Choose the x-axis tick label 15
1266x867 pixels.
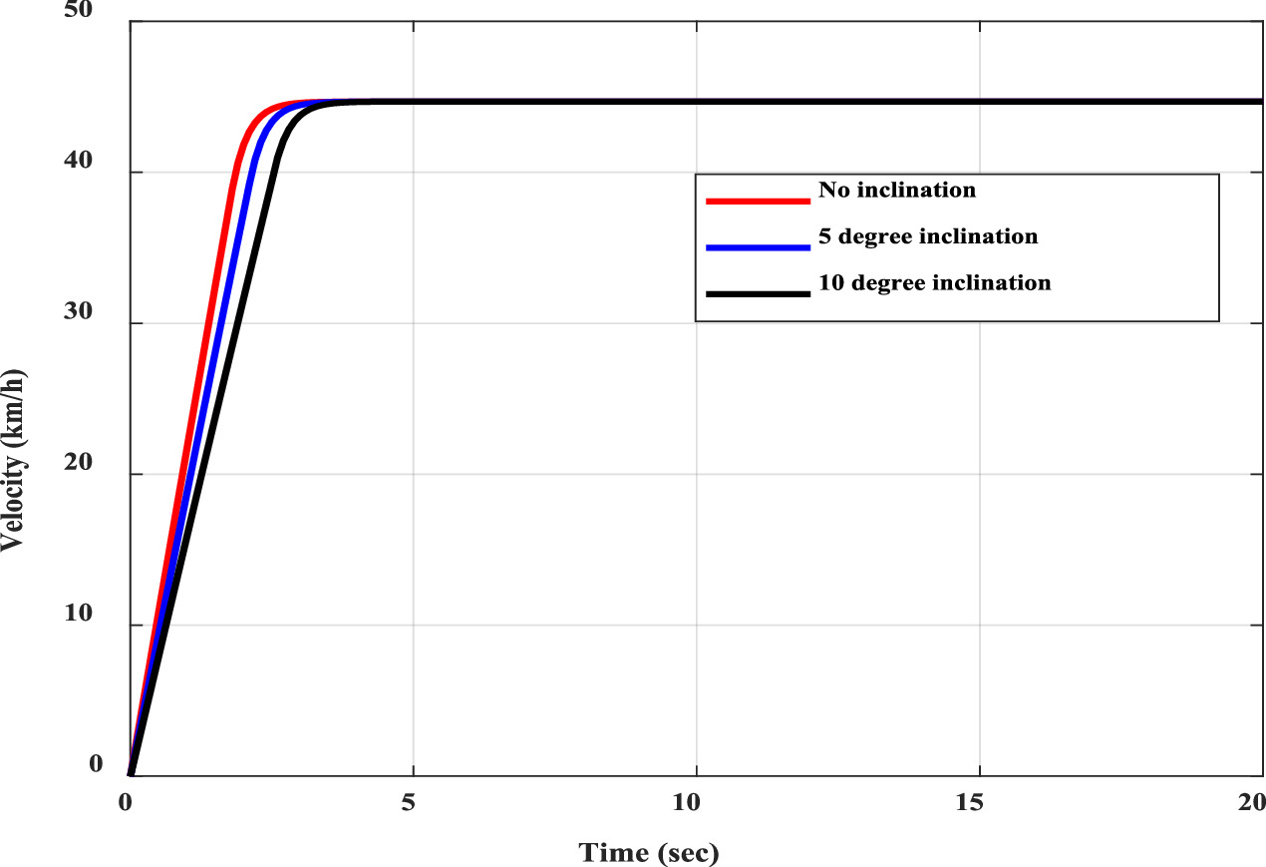pyautogui.click(x=979, y=800)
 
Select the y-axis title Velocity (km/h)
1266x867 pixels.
pyautogui.click(x=14, y=459)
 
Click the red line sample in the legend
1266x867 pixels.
pyautogui.click(x=757, y=201)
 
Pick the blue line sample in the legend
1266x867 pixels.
pyautogui.click(x=757, y=246)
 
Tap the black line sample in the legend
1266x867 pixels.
pyautogui.click(x=757, y=293)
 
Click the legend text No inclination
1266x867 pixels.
pyautogui.click(x=896, y=190)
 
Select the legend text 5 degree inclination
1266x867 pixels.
pyautogui.click(x=928, y=236)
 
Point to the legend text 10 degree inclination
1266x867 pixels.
pyautogui.click(x=934, y=283)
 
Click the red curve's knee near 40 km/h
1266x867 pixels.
pyautogui.click(x=236, y=172)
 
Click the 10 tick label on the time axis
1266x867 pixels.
pyautogui.click(x=696, y=800)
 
